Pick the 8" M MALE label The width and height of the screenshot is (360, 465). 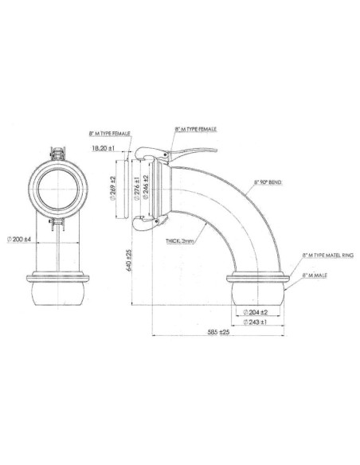(x=315, y=273)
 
